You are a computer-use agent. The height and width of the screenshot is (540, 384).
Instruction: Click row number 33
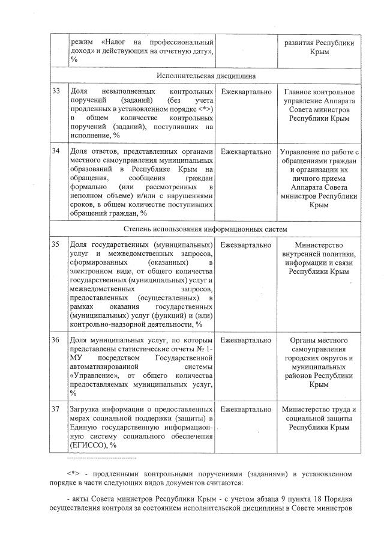coord(56,92)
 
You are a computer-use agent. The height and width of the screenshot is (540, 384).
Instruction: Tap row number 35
coord(56,246)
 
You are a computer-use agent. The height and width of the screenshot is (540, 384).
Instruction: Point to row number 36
coord(56,341)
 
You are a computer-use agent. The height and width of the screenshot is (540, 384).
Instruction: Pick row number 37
coord(56,410)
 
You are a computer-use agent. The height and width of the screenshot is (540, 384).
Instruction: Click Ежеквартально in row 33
coord(246,92)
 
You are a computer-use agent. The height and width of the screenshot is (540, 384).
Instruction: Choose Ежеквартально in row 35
coord(246,246)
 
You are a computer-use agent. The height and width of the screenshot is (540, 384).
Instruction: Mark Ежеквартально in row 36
coord(246,341)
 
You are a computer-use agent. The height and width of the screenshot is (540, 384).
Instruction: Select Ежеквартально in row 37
coord(246,410)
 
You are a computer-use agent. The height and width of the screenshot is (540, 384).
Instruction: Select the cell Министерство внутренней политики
coord(319,258)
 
